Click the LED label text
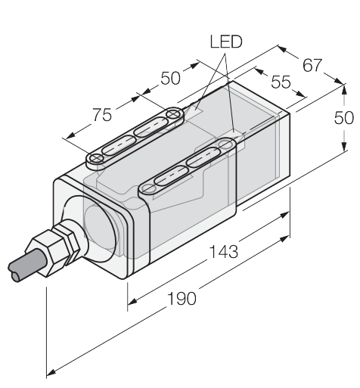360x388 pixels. click(x=226, y=42)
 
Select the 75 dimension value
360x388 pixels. click(x=102, y=115)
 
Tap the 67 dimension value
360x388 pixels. click(x=312, y=65)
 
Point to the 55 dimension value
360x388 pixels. click(x=281, y=82)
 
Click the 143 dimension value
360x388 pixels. click(x=224, y=252)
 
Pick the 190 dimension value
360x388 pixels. click(x=182, y=299)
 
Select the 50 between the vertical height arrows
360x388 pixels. click(x=344, y=117)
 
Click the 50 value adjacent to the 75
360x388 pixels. click(x=171, y=78)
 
